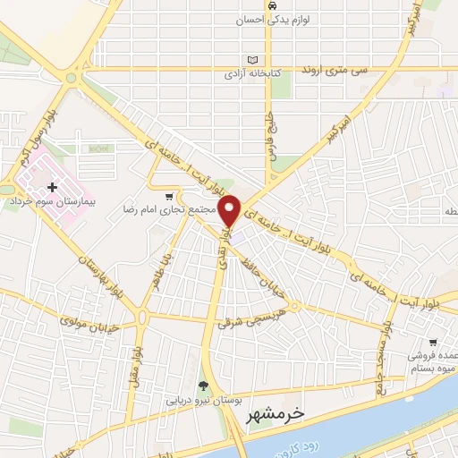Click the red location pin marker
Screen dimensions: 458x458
click(x=230, y=210)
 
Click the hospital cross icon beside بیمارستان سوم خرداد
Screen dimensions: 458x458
click(x=52, y=187)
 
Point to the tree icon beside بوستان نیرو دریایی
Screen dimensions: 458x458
click(x=203, y=386)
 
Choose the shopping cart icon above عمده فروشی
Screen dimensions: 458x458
click(x=433, y=341)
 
